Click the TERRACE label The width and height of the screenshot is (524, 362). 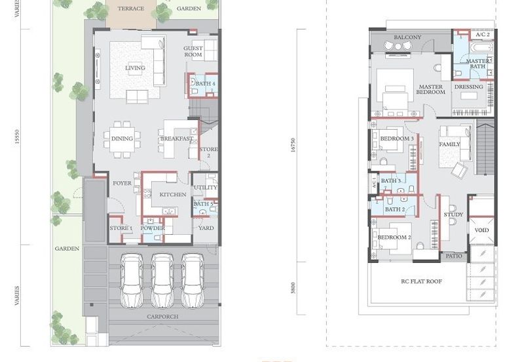pyautogui.click(x=130, y=9)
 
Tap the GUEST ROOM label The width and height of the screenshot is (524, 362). pyautogui.click(x=193, y=52)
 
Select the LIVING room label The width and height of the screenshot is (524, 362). pyautogui.click(x=135, y=68)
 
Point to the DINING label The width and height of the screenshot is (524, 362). pyautogui.click(x=122, y=139)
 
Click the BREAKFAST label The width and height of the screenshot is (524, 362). pyautogui.click(x=176, y=139)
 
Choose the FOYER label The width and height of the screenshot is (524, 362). pyautogui.click(x=122, y=184)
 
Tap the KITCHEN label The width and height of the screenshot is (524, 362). pyautogui.click(x=172, y=195)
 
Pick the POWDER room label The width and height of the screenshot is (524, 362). pyautogui.click(x=153, y=228)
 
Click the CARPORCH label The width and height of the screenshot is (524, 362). pyautogui.click(x=162, y=316)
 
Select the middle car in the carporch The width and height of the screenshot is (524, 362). pyautogui.click(x=162, y=279)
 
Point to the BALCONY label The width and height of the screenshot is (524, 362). pyautogui.click(x=408, y=38)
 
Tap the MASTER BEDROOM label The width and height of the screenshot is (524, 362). pyautogui.click(x=431, y=90)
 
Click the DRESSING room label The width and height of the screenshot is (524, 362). pyautogui.click(x=468, y=87)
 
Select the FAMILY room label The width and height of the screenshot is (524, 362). pyautogui.click(x=449, y=144)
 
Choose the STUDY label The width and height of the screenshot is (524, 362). pyautogui.click(x=453, y=215)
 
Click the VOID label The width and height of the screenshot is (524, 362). pyautogui.click(x=481, y=231)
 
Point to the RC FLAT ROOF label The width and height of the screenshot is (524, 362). pyautogui.click(x=421, y=281)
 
